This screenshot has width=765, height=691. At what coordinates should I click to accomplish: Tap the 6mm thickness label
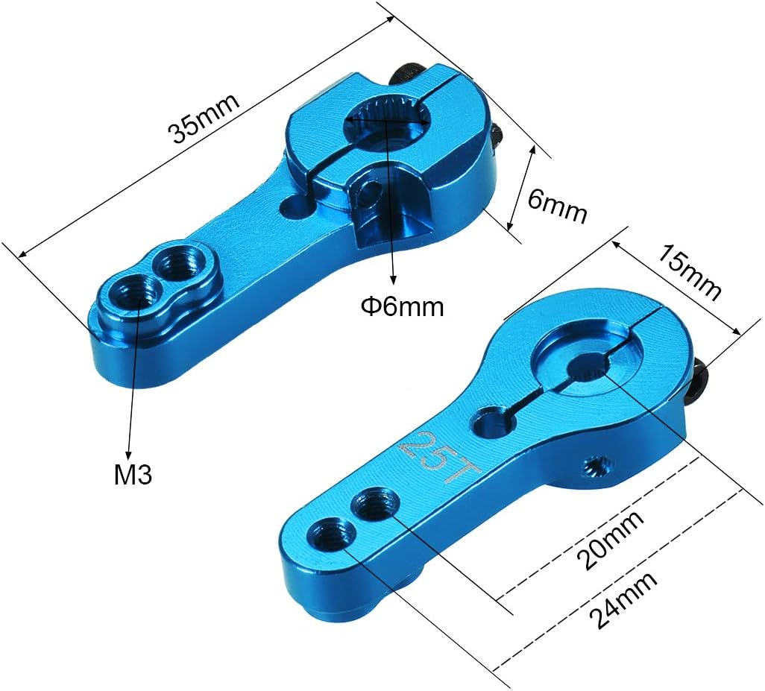point(557,206)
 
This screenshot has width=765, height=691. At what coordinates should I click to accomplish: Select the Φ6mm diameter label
point(403,306)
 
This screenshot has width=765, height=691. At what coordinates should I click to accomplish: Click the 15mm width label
point(690,272)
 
